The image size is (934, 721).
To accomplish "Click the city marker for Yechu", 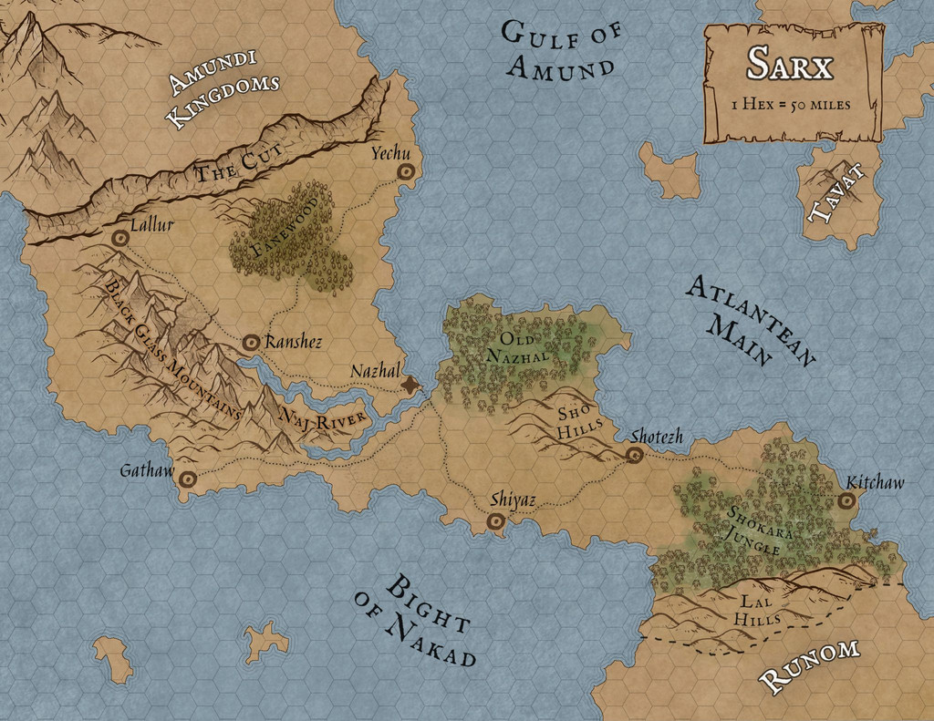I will point(404,171).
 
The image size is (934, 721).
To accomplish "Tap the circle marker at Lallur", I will point(119,238).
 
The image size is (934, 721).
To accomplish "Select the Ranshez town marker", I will point(251,342).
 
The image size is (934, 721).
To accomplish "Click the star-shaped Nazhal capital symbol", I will point(412,386).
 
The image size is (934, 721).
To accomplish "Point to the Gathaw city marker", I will point(188,479).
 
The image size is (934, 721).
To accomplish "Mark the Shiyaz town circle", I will point(496,521).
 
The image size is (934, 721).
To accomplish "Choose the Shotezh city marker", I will point(635,455).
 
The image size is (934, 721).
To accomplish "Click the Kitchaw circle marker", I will point(846,500).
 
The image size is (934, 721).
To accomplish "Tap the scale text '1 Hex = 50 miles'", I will point(791,104).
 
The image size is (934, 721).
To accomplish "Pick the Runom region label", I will point(809,664).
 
